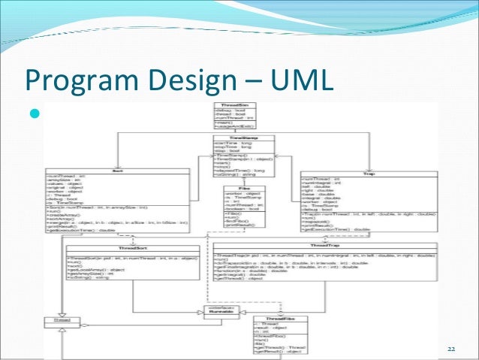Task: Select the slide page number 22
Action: click(451, 351)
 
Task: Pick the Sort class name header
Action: click(116, 171)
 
